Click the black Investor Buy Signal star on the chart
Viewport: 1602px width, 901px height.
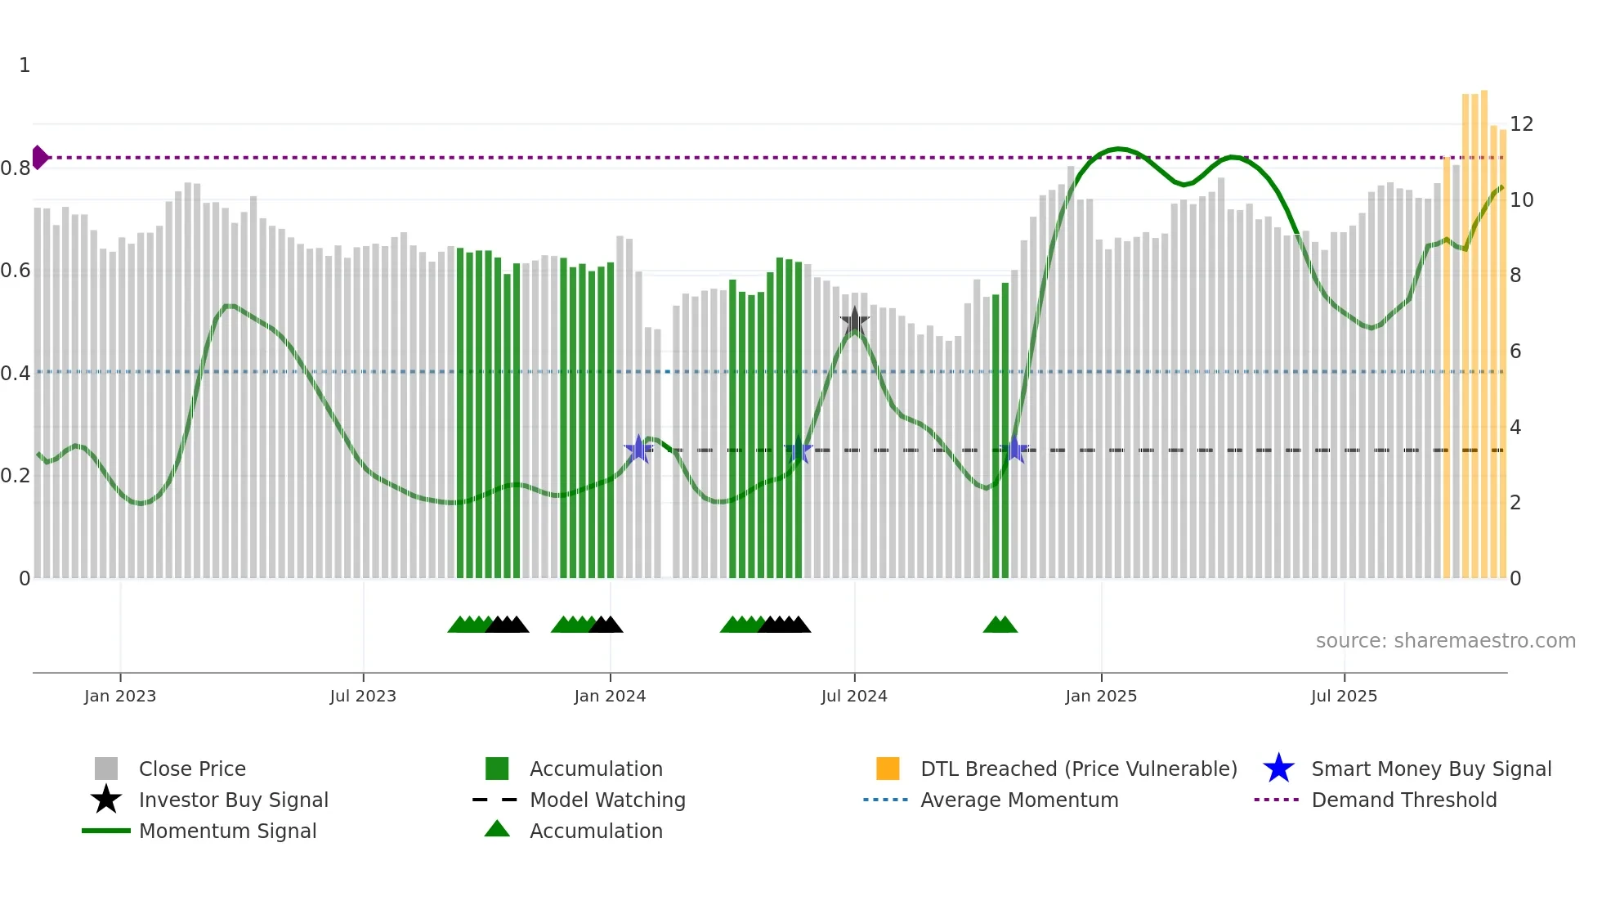click(x=855, y=321)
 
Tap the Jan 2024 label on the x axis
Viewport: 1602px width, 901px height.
click(x=610, y=696)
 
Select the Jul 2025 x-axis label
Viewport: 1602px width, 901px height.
click(x=1344, y=696)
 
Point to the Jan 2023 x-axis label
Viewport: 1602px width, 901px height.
click(x=120, y=696)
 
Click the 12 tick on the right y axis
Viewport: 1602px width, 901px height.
click(x=1521, y=124)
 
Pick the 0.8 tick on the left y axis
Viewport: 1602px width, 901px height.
click(x=16, y=168)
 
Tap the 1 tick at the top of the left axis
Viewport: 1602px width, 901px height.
click(x=25, y=65)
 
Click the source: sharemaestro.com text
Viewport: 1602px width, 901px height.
click(x=1445, y=641)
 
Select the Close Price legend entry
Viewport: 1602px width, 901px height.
click(x=192, y=769)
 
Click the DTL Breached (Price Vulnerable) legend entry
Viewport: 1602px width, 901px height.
click(x=1078, y=769)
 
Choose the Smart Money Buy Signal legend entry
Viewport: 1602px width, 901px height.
click(x=1430, y=769)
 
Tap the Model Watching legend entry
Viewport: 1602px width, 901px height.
click(x=607, y=800)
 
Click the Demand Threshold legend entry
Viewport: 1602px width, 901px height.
click(x=1403, y=800)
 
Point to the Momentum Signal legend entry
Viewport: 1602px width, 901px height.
click(x=227, y=831)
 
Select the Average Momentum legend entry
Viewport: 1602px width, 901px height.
click(x=1018, y=800)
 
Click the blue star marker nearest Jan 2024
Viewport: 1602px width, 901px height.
click(x=638, y=449)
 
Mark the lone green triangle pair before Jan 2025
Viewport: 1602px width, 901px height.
click(x=1000, y=625)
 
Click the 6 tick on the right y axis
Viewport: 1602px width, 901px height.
click(x=1515, y=352)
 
